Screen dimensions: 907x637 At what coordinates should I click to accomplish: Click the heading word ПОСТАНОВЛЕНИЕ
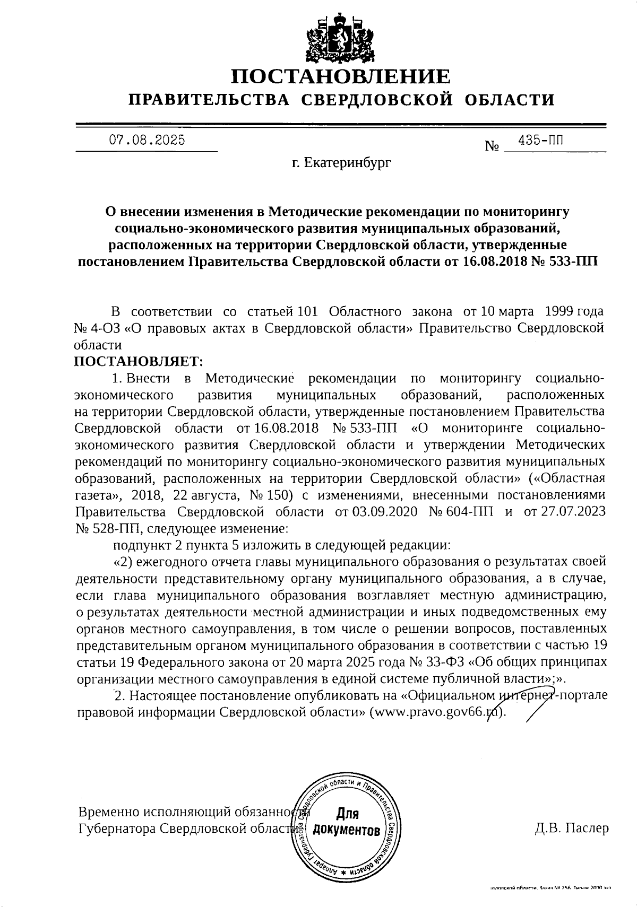[340, 77]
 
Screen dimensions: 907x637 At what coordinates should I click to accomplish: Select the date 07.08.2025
[147, 140]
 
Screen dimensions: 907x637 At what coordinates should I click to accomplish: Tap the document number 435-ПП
[541, 140]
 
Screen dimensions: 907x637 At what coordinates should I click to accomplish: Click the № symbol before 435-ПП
[492, 146]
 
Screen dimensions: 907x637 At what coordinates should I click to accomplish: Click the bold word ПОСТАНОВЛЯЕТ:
[139, 362]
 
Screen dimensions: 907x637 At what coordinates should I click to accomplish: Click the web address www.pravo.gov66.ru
[436, 712]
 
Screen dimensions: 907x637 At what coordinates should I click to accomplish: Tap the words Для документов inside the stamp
[347, 822]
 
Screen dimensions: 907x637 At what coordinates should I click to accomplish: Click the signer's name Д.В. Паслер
[571, 828]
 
